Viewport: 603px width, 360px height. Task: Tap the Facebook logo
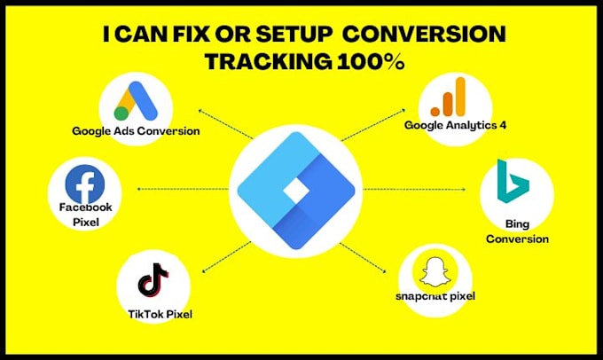pyautogui.click(x=84, y=184)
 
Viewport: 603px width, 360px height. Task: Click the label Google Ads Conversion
pyautogui.click(x=136, y=131)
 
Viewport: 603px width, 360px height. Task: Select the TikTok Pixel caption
pyautogui.click(x=160, y=313)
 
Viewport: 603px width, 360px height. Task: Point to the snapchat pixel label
pyautogui.click(x=437, y=295)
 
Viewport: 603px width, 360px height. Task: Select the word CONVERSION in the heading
pyautogui.click(x=424, y=35)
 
